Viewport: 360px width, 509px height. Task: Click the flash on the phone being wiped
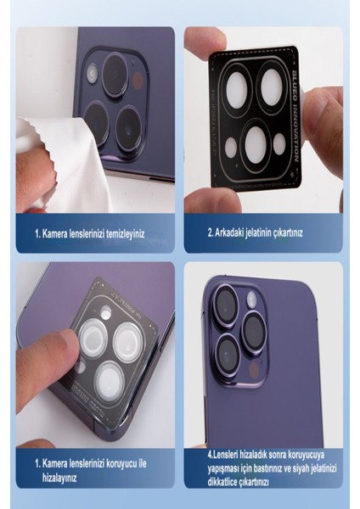tap(93, 75)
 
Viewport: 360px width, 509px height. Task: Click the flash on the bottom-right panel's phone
tap(251, 299)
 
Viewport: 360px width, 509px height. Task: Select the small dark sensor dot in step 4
tap(253, 370)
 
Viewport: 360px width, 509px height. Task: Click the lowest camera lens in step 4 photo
tap(228, 352)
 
